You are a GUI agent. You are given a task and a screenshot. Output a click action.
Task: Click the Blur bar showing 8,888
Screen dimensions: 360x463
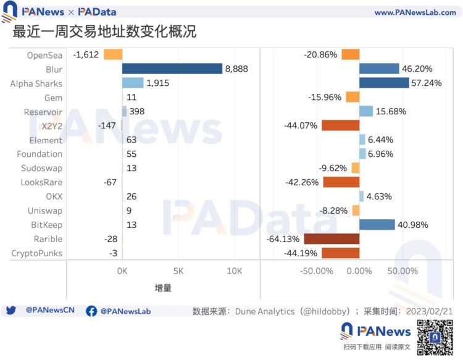pyautogui.click(x=172, y=69)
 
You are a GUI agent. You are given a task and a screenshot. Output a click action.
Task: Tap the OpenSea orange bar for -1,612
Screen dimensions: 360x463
pyautogui.click(x=113, y=54)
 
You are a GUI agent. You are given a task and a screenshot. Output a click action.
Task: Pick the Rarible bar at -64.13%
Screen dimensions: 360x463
pyautogui.click(x=332, y=239)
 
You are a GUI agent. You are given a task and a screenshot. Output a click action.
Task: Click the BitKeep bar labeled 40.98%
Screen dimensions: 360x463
pyautogui.click(x=377, y=225)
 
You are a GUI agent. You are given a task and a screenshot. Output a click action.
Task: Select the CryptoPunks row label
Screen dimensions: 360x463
pyautogui.click(x=37, y=253)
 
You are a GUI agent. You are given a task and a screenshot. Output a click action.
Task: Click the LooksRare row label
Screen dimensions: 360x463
pyautogui.click(x=41, y=182)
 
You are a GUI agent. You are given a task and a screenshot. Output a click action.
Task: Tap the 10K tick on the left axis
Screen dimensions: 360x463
pyautogui.click(x=234, y=271)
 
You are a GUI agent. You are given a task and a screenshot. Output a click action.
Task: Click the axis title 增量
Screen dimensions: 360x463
pyautogui.click(x=163, y=288)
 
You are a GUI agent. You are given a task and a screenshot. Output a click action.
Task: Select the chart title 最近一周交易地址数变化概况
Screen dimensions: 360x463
pyautogui.click(x=104, y=31)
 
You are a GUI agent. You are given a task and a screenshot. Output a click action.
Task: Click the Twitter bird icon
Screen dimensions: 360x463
pyautogui.click(x=11, y=311)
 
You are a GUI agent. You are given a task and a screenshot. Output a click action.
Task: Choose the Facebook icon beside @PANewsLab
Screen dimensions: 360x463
pyautogui.click(x=91, y=311)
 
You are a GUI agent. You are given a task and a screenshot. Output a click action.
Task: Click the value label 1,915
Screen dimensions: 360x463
pyautogui.click(x=158, y=83)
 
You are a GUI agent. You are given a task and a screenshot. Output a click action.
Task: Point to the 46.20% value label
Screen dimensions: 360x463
pyautogui.click(x=417, y=69)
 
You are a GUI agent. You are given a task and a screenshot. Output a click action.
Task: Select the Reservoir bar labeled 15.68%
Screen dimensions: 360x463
pyautogui.click(x=366, y=111)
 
